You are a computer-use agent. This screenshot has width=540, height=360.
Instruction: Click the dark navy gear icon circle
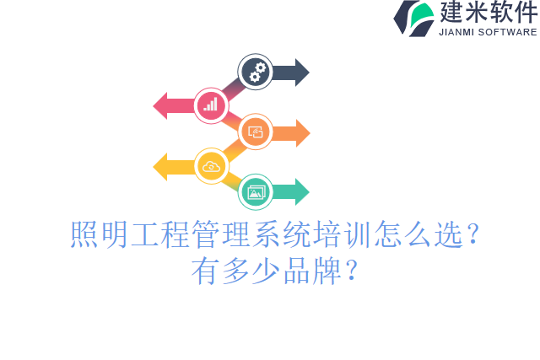pyautogui.click(x=255, y=72)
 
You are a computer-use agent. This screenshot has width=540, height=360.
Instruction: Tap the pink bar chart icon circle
pyautogui.click(x=211, y=105)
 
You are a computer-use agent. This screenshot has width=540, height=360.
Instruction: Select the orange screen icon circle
pyautogui.click(x=255, y=132)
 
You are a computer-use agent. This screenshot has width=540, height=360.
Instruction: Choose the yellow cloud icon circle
pyautogui.click(x=211, y=166)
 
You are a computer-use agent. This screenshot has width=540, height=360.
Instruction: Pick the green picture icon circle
pyautogui.click(x=255, y=192)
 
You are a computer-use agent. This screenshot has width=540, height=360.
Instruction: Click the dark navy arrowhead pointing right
pyautogui.click(x=300, y=72)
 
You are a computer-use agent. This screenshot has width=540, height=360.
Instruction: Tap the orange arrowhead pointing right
pyautogui.click(x=301, y=132)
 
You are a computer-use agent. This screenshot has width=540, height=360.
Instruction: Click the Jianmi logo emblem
pyautogui.click(x=413, y=18)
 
